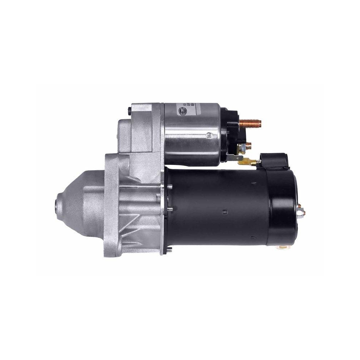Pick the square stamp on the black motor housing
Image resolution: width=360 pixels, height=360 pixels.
tap(225, 211)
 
